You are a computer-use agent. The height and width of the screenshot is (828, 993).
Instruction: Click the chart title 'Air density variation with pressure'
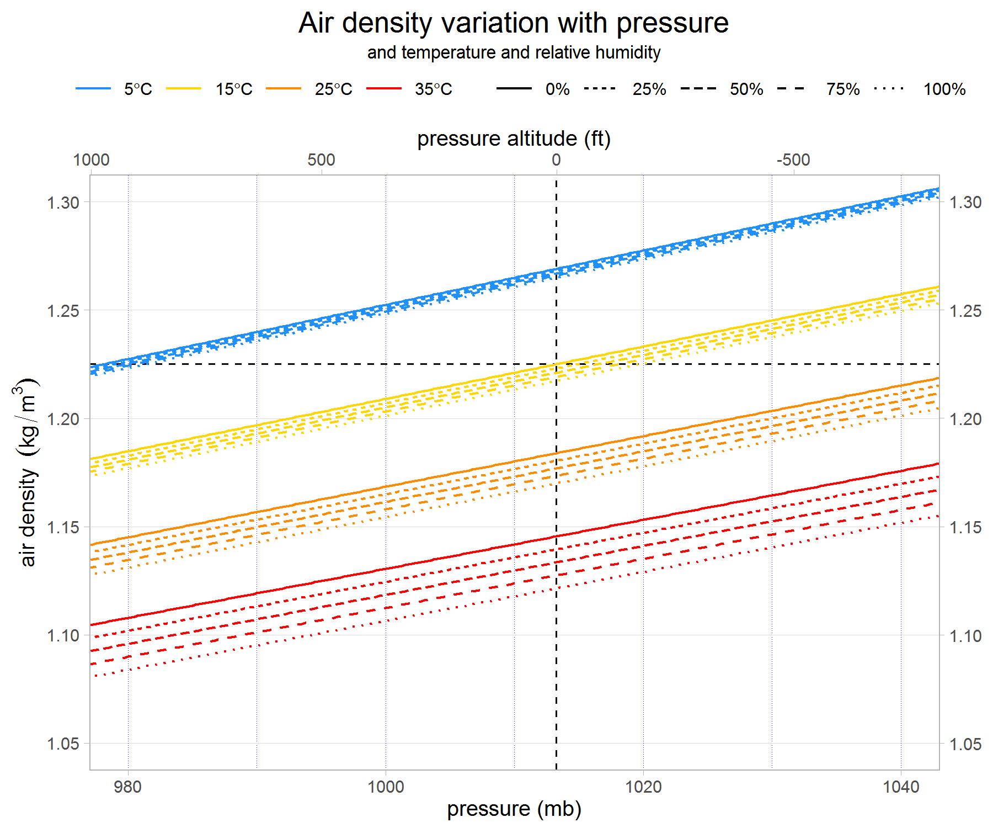point(513,23)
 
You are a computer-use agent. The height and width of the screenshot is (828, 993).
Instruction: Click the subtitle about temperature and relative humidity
point(513,52)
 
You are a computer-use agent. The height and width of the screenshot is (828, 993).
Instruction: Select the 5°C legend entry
point(137,89)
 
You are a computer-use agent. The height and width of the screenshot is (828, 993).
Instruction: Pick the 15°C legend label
point(233,89)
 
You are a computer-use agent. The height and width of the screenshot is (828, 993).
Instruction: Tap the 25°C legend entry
point(333,89)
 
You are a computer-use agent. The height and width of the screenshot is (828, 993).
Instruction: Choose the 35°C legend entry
point(433,89)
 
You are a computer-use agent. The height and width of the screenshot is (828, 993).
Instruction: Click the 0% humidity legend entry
point(557,89)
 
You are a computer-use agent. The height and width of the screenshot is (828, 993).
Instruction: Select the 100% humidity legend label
point(944,89)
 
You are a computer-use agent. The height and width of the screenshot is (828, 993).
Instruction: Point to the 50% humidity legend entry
point(746,89)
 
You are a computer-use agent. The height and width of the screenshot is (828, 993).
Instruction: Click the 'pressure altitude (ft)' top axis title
point(513,139)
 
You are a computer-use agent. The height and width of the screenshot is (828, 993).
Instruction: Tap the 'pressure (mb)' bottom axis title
point(514,809)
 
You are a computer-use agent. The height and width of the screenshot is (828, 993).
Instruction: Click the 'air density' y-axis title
point(28,472)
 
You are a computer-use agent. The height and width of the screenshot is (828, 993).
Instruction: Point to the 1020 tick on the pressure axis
point(643,786)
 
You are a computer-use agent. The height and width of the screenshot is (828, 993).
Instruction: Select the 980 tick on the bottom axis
point(127,786)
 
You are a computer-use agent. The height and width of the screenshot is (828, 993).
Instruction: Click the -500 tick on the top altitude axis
point(793,160)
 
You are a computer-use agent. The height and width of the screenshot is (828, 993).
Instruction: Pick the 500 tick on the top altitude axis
point(321,160)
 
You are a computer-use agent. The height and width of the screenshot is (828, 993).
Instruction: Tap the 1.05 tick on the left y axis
point(63,744)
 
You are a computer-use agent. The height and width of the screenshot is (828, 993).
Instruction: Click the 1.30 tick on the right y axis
point(965,202)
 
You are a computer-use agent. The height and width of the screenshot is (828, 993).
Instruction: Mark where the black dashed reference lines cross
point(556,364)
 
